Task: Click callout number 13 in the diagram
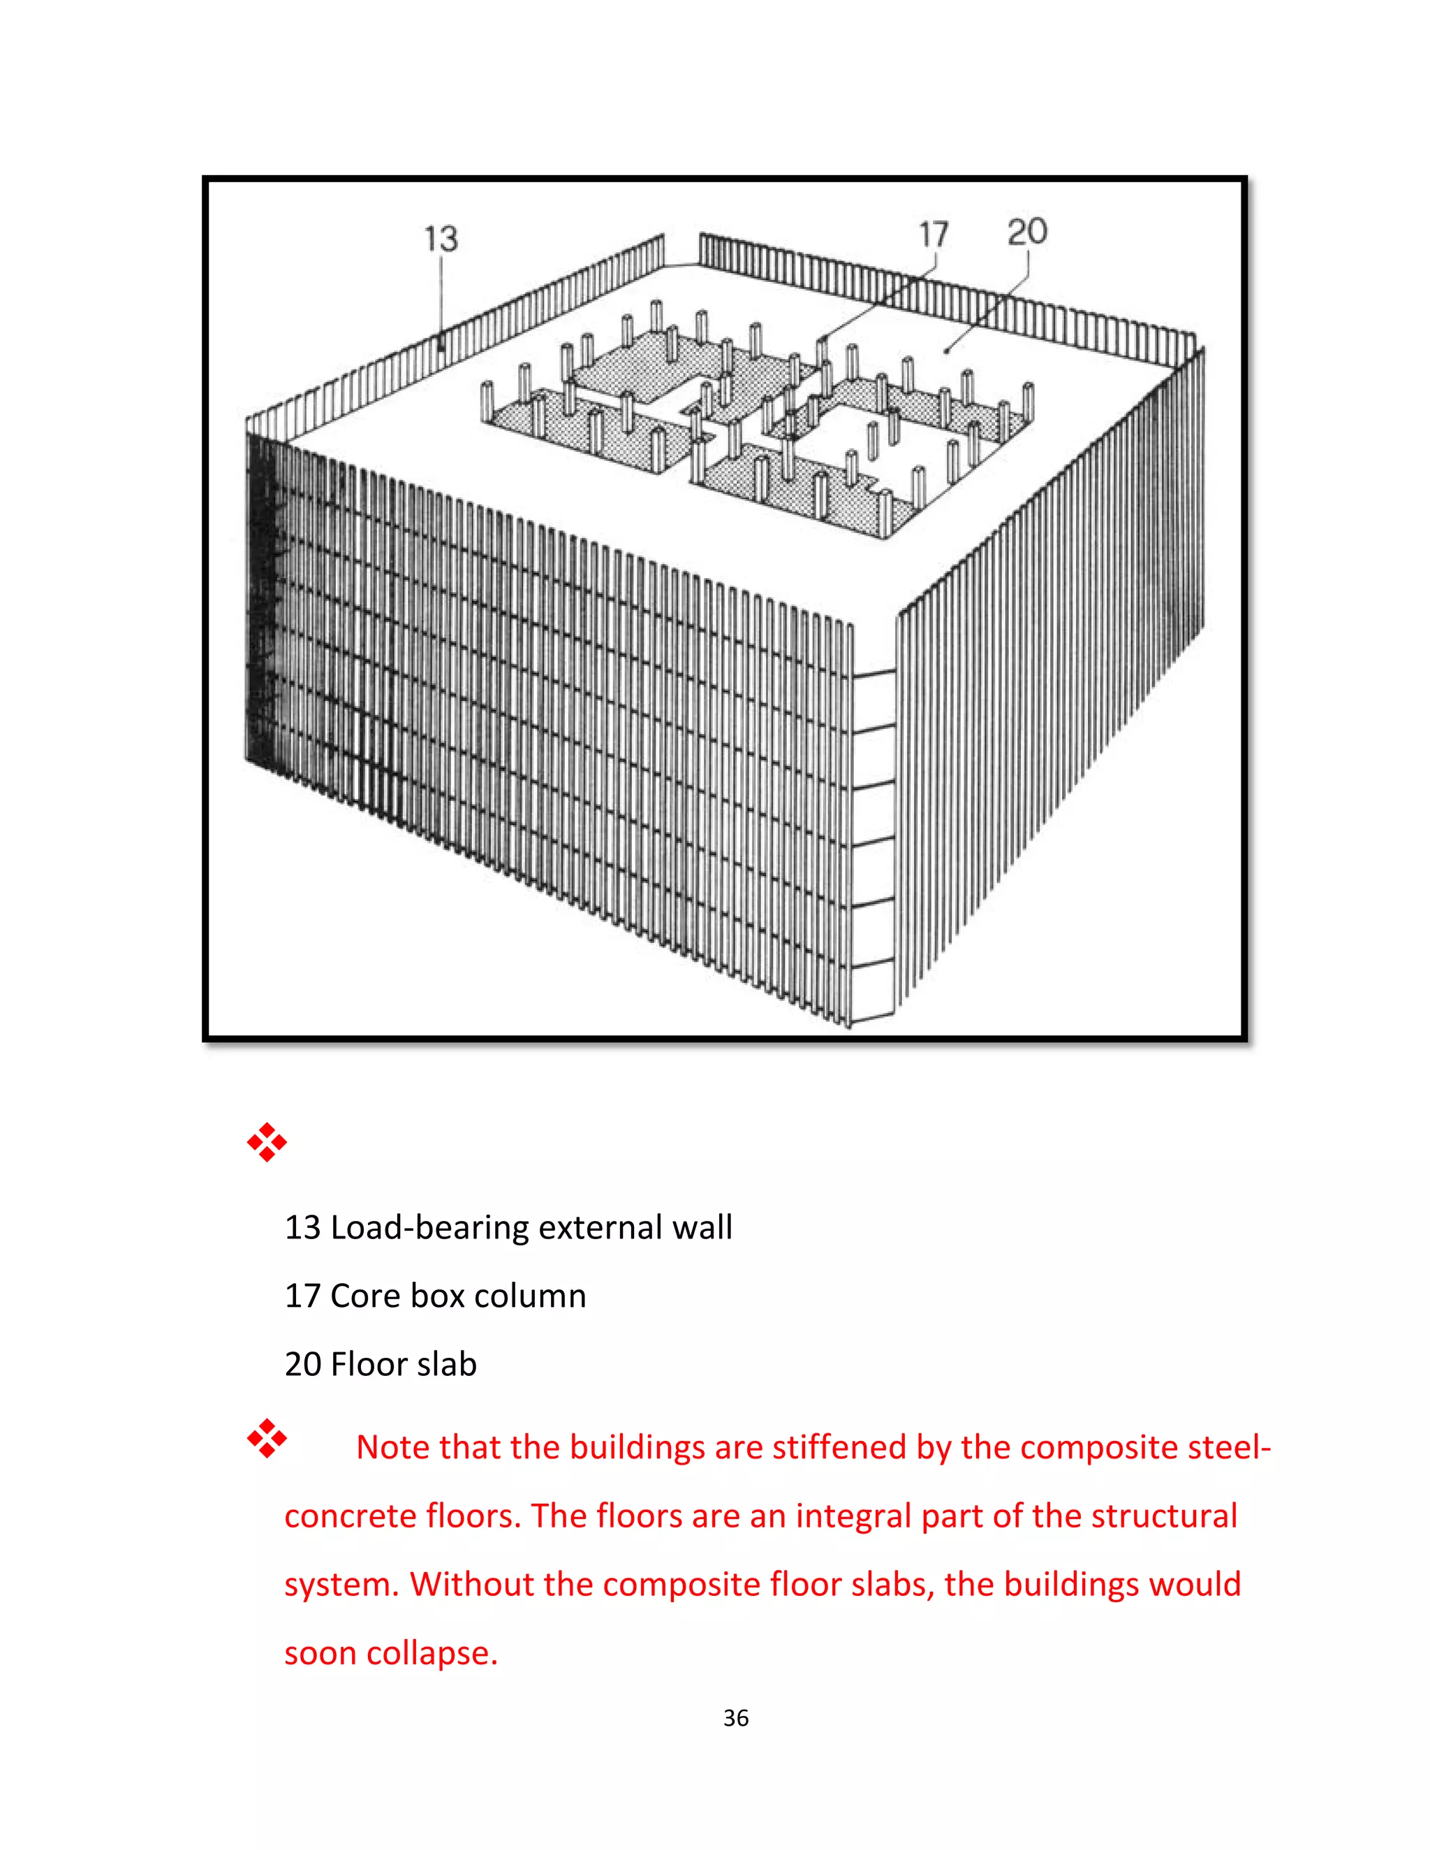[441, 239]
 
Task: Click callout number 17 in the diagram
[934, 235]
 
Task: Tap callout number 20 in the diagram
[1026, 231]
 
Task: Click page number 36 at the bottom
[735, 1718]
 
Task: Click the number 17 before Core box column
[302, 1296]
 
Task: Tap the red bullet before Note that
[267, 1440]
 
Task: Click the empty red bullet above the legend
[267, 1143]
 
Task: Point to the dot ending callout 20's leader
[946, 350]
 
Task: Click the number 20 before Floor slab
[302, 1365]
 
